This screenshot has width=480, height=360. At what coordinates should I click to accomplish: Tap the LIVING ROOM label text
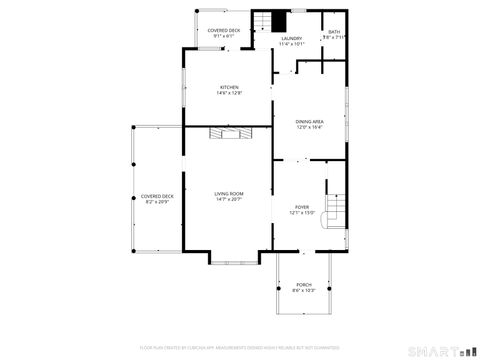pos(229,193)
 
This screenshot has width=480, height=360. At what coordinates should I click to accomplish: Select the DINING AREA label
pos(310,120)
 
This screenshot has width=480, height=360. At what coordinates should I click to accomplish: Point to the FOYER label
pos(303,206)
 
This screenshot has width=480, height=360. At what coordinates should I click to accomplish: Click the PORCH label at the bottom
pos(303,284)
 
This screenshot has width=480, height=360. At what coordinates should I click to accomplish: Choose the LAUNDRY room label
pos(291,39)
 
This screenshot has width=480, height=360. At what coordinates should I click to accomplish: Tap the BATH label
pos(334,32)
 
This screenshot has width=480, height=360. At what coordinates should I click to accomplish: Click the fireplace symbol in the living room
pos(230,132)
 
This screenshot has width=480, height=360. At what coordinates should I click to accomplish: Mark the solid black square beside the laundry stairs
pos(280,21)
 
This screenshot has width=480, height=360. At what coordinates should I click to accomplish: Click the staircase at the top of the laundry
pos(263,22)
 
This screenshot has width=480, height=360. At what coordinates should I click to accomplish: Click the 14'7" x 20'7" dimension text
pos(229,200)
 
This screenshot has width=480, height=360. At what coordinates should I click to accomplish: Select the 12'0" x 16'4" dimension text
pos(310,127)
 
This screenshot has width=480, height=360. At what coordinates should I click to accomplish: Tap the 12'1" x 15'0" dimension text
pos(303,213)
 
